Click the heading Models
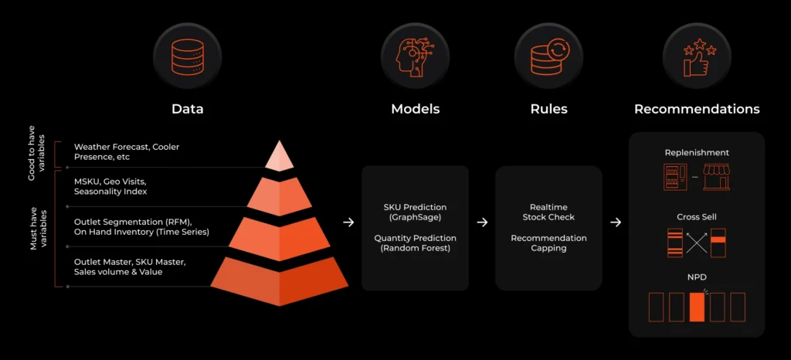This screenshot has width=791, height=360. (x=415, y=109)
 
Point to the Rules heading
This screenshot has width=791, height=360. (x=548, y=109)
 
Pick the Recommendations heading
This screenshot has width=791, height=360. (x=697, y=109)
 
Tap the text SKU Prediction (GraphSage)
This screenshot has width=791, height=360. (x=415, y=212)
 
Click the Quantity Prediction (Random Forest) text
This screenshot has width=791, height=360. (x=415, y=243)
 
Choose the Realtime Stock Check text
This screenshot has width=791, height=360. (x=548, y=212)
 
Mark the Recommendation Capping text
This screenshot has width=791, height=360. (x=548, y=243)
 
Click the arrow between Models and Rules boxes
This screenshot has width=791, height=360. (x=482, y=222)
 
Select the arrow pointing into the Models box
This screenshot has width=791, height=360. (x=348, y=222)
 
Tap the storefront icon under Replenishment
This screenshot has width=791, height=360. (x=716, y=178)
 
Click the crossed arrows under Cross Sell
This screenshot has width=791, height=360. (x=697, y=243)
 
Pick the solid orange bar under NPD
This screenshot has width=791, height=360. (x=697, y=307)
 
